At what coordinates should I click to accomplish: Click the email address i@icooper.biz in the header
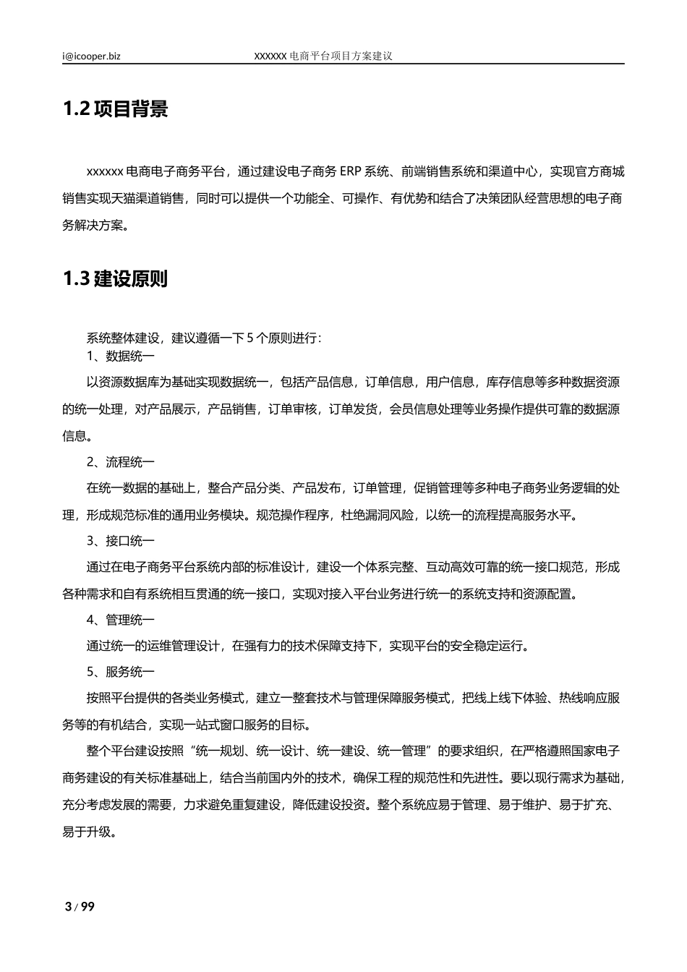click(91, 56)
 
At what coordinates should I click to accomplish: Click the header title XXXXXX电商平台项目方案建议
click(323, 56)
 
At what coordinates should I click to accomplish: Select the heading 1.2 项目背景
click(115, 109)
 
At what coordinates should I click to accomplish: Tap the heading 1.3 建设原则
click(115, 279)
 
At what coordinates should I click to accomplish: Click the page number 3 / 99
click(80, 907)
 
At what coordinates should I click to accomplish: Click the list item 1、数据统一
click(120, 357)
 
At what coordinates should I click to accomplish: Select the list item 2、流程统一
click(120, 462)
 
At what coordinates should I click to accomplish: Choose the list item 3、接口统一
click(120, 541)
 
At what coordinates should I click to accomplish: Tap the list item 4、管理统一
click(120, 620)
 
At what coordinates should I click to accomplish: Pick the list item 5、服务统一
click(120, 673)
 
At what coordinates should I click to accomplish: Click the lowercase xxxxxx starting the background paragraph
click(105, 172)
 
